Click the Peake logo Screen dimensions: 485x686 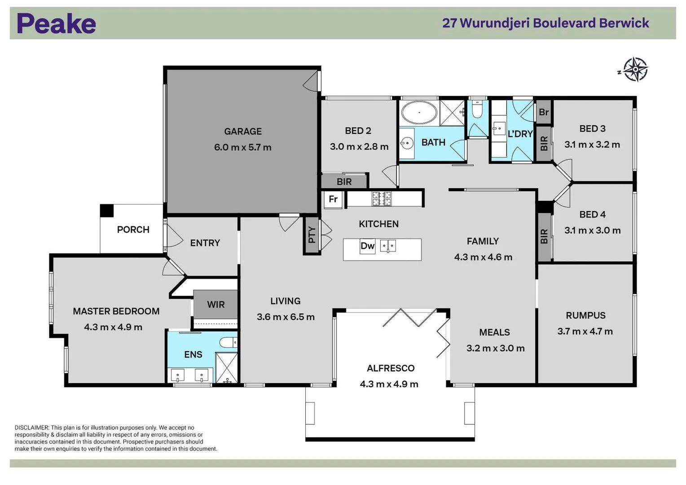coord(56,24)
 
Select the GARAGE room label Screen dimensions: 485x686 coord(242,132)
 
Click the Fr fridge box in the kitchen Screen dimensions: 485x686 coord(333,199)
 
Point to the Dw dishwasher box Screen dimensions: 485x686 coord(367,246)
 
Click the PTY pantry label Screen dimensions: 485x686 coord(312,235)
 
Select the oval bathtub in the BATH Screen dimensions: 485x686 coord(419,112)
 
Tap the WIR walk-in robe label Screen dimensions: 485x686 coord(215,304)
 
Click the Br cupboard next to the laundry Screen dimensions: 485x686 coord(543,112)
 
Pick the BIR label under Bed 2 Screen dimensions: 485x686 coord(344,182)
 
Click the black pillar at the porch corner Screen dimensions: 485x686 coord(107,211)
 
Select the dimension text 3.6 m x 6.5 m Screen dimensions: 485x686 coord(286,317)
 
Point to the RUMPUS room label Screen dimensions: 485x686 coord(585,316)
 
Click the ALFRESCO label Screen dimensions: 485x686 coord(390,368)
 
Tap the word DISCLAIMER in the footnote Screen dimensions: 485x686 coord(31,428)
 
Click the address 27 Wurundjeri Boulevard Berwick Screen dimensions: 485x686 coord(545,23)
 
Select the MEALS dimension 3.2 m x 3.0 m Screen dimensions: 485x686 coord(495,348)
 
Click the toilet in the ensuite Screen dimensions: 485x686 coord(229,343)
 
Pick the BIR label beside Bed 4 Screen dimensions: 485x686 coord(544,237)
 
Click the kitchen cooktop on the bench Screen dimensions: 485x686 coord(381,198)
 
